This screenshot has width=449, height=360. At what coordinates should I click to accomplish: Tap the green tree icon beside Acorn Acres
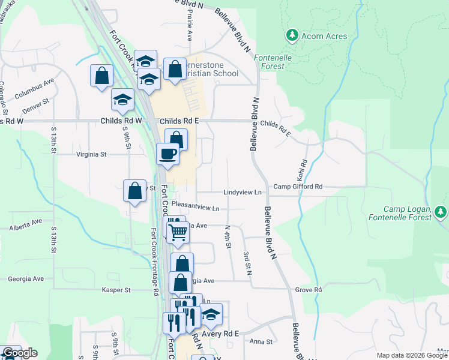(292, 35)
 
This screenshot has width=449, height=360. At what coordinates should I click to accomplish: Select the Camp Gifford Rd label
(298, 187)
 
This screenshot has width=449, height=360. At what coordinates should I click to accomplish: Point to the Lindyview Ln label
(243, 192)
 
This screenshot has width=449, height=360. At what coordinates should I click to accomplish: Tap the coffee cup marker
(167, 154)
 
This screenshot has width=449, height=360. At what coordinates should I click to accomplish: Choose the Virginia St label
(91, 154)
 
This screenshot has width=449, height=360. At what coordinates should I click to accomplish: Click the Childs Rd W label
(121, 121)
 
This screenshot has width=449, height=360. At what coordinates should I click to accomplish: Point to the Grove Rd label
(309, 290)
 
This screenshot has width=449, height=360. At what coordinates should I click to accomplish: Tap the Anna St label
(261, 342)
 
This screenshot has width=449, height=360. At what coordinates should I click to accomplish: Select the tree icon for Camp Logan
(441, 212)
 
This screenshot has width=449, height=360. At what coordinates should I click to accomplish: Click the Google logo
(19, 353)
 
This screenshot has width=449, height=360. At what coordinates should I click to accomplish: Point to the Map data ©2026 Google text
(412, 355)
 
